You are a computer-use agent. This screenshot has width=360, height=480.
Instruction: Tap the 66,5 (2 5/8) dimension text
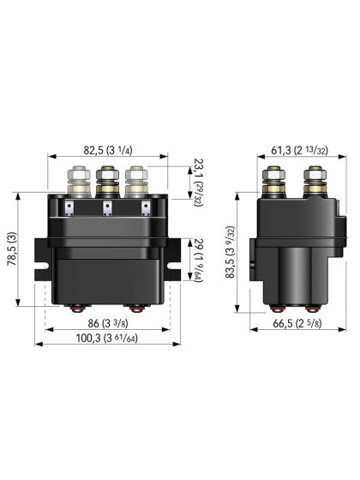pyautogui.click(x=296, y=325)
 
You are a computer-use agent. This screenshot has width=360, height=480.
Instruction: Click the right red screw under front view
pyautogui.click(x=136, y=309)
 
